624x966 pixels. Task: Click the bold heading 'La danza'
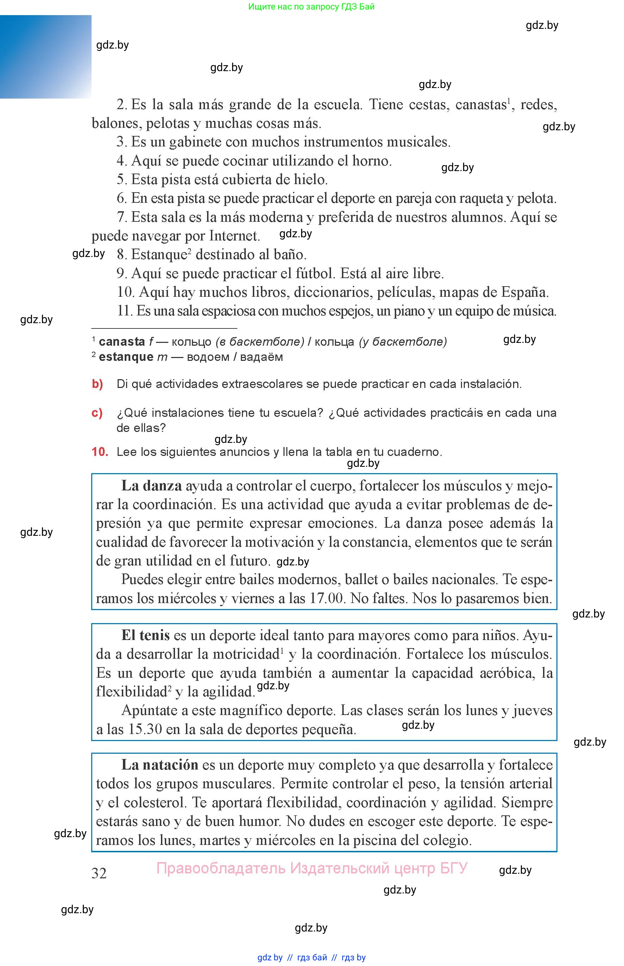151,485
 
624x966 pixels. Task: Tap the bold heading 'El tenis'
145,635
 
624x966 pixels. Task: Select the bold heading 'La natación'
160,765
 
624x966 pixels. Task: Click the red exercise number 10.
100,452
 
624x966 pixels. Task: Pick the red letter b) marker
97,384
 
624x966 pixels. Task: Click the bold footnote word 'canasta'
121,342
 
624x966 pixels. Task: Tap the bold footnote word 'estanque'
126,357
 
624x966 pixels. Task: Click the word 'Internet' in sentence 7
234,236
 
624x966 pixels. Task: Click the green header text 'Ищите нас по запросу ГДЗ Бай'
311,6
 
